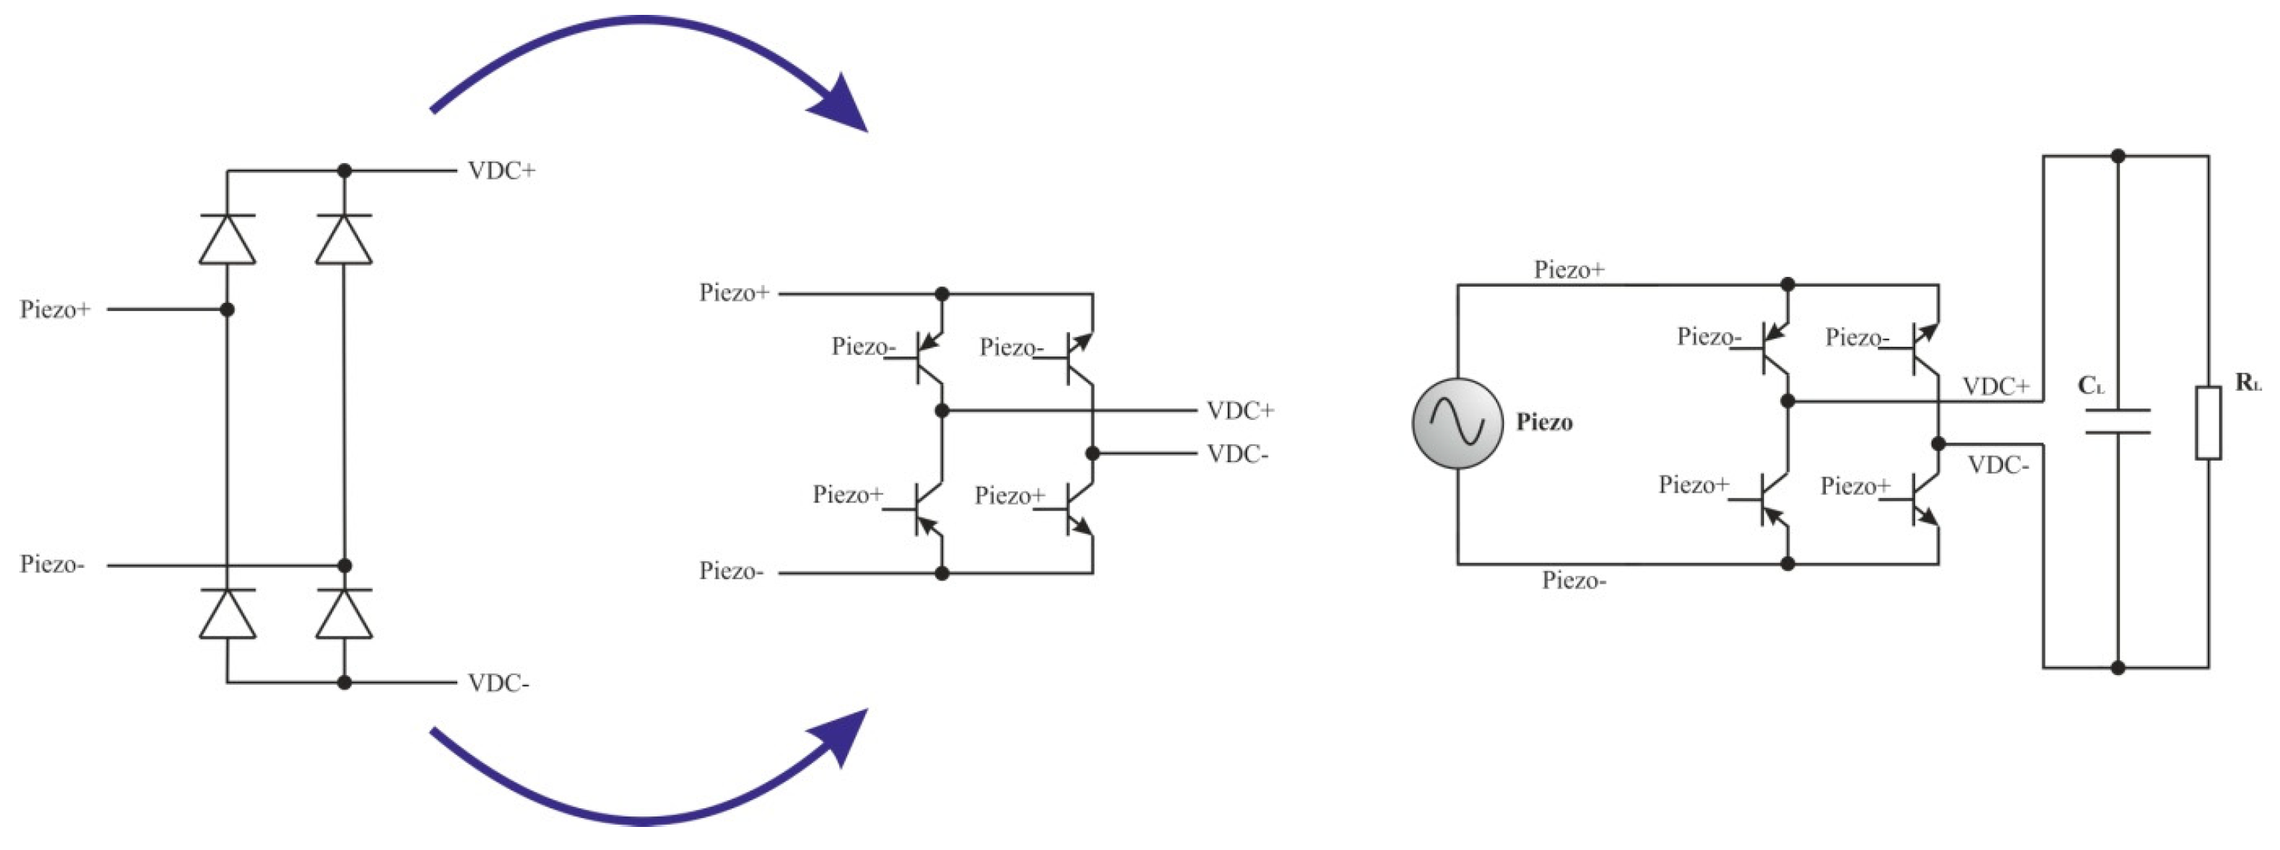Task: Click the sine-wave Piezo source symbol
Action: pyautogui.click(x=1457, y=423)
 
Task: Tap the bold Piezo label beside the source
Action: pyautogui.click(x=1544, y=422)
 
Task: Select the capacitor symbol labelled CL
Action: pyautogui.click(x=2117, y=422)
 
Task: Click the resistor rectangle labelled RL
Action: pyautogui.click(x=2209, y=422)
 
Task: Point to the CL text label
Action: pyautogui.click(x=2091, y=386)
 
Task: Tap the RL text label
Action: pyautogui.click(x=2247, y=383)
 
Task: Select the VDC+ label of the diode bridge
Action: pyautogui.click(x=501, y=170)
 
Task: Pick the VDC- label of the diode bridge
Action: pyautogui.click(x=498, y=683)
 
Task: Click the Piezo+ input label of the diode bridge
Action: pyautogui.click(x=55, y=310)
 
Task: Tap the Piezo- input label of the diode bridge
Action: pyautogui.click(x=52, y=564)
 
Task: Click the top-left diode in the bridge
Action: pyautogui.click(x=227, y=239)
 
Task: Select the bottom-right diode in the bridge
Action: pyautogui.click(x=344, y=613)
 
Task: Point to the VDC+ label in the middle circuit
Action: pyautogui.click(x=1240, y=410)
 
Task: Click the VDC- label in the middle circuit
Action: pyautogui.click(x=1238, y=455)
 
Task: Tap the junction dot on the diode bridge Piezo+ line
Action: pyautogui.click(x=227, y=310)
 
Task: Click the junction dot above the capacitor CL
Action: pyautogui.click(x=2117, y=156)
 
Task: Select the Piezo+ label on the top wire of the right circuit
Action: pyautogui.click(x=1568, y=269)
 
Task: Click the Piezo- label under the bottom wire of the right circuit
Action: pyautogui.click(x=1573, y=581)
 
